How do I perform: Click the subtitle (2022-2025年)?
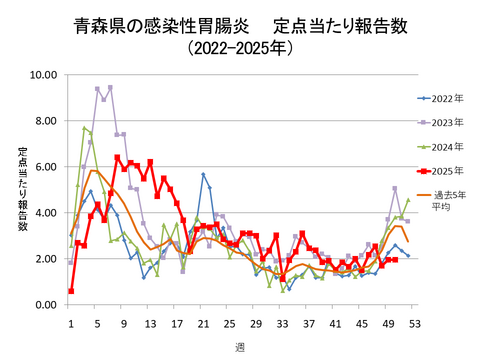(240, 48)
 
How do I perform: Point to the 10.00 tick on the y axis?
(45, 75)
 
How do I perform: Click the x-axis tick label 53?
(413, 323)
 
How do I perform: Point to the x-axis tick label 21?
(203, 323)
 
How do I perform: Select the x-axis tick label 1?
(71, 323)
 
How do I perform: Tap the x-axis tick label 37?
(308, 323)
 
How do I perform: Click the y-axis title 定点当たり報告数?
(22, 190)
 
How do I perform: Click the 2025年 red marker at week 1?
(71, 291)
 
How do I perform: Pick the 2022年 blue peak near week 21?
(203, 174)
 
